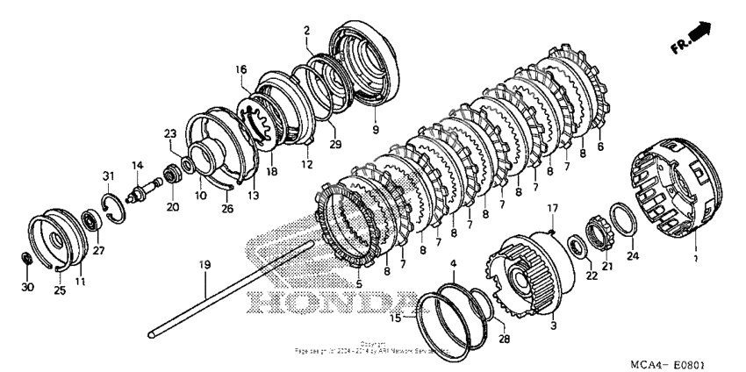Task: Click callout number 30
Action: (26, 287)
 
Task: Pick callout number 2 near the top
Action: (306, 31)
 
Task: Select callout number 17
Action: (551, 208)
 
